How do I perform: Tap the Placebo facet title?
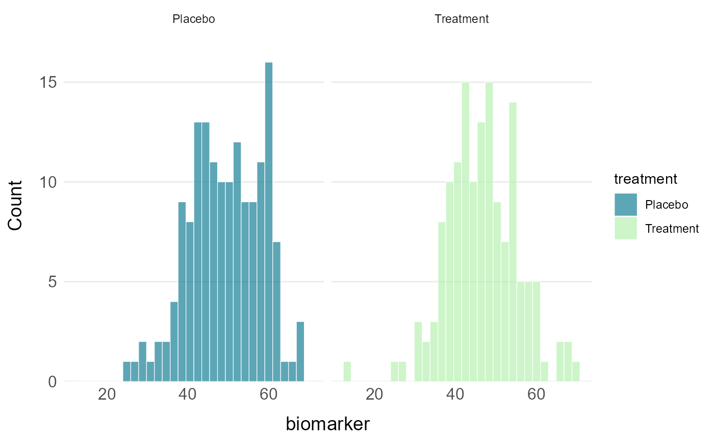click(194, 19)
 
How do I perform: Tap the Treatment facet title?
click(462, 19)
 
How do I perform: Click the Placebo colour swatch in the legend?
click(626, 205)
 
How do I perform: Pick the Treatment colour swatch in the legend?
click(626, 228)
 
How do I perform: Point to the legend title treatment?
click(645, 179)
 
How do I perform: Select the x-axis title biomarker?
click(327, 424)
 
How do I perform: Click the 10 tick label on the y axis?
click(49, 182)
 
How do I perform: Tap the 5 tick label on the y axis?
click(53, 282)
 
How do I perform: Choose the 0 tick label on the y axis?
click(53, 382)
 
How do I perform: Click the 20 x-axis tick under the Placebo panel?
click(108, 395)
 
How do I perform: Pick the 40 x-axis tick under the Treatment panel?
click(455, 395)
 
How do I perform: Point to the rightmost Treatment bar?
click(576, 371)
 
